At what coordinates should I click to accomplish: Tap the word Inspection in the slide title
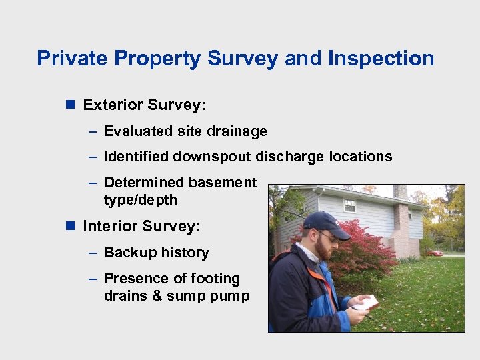pos(381,59)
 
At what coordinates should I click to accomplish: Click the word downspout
pos(213,157)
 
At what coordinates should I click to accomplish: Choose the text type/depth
pos(141,200)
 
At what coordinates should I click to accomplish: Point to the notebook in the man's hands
pos(365,303)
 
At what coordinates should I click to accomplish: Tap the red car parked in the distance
pos(435,253)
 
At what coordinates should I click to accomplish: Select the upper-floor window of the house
pos(349,205)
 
